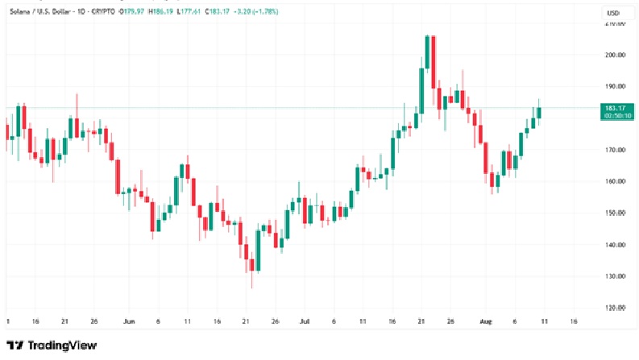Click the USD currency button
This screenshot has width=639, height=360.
point(612,14)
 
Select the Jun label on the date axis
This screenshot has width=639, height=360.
point(129,320)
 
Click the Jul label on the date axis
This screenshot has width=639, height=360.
point(304,320)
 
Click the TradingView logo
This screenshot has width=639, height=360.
point(52,346)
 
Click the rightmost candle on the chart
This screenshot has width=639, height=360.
point(539,112)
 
